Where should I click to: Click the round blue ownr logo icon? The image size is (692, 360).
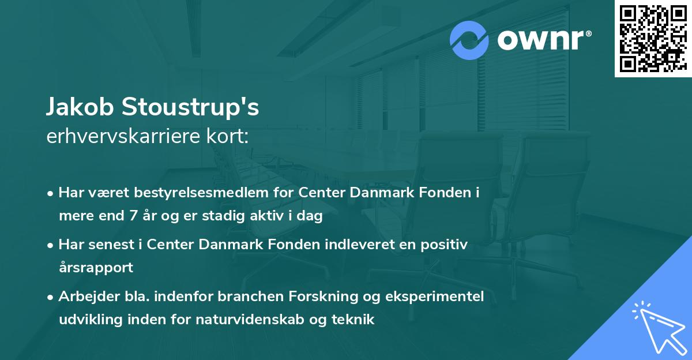pos(469,40)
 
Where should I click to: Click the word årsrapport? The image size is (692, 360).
pos(96,268)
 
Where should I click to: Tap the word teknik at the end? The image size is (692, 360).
pos(356,319)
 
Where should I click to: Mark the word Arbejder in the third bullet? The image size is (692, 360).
pos(84,296)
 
